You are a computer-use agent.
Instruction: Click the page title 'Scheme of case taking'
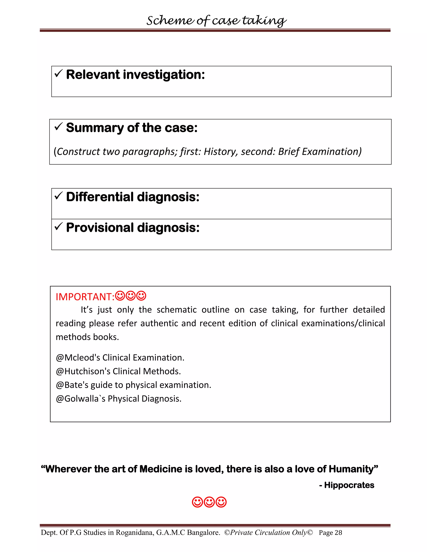tap(216, 20)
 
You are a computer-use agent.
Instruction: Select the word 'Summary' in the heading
tap(95, 128)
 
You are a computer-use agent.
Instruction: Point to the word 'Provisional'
tap(99, 227)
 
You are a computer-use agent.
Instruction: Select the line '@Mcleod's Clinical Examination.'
tap(120, 358)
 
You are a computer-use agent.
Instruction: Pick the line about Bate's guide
tap(133, 385)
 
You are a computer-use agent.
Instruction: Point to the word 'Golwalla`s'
tap(85, 398)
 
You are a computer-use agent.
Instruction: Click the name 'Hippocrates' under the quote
tap(349, 485)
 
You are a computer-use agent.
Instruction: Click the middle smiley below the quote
tap(209, 502)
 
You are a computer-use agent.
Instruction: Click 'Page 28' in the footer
tap(330, 533)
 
